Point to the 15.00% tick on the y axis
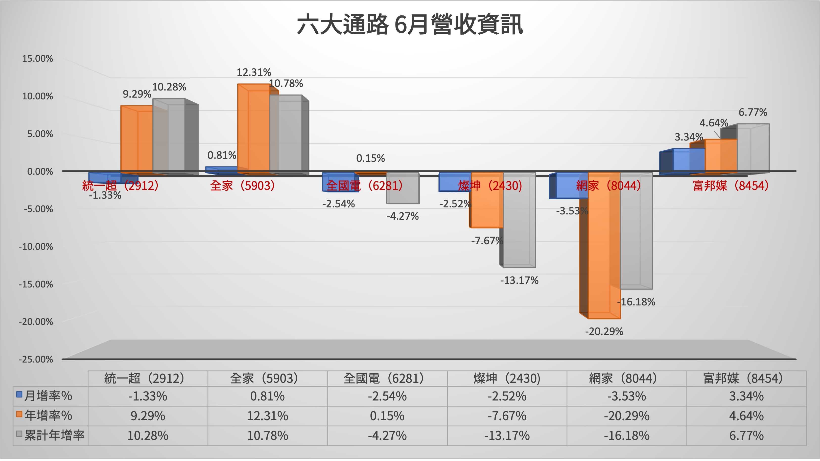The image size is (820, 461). (x=37, y=59)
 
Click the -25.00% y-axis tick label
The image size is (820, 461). (x=36, y=359)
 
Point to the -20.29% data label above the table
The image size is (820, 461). (x=604, y=331)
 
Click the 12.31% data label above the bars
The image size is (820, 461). (x=254, y=72)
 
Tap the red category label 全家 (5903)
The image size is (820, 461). (x=242, y=186)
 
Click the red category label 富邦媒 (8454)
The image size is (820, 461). (x=731, y=186)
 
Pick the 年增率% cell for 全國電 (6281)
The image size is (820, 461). (x=387, y=416)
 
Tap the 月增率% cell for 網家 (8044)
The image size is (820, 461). (x=626, y=396)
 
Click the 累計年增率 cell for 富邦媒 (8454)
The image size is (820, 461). (x=746, y=435)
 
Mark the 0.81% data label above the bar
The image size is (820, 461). (x=222, y=155)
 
